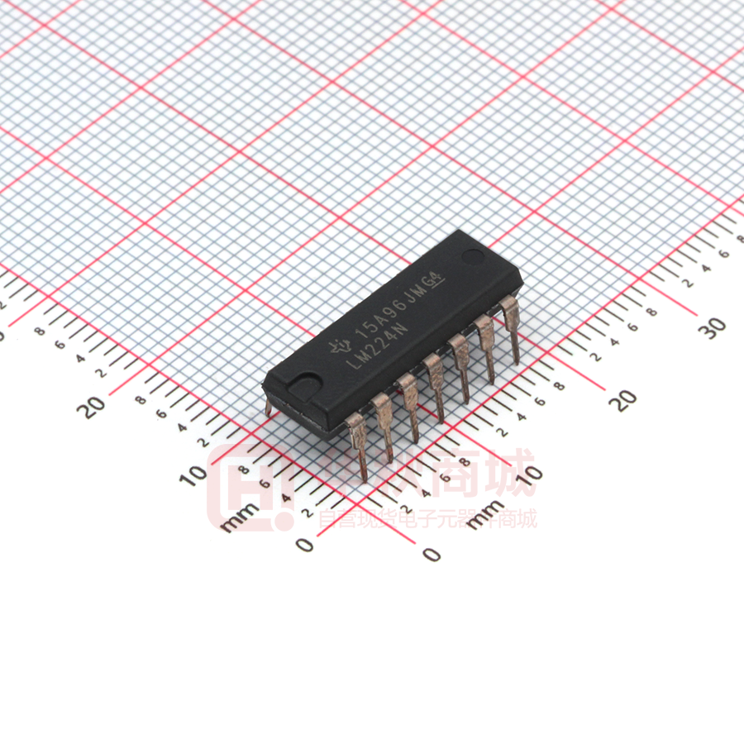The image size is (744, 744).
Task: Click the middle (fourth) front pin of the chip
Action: click(435, 384)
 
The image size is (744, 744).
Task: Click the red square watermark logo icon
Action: click(248, 488)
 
